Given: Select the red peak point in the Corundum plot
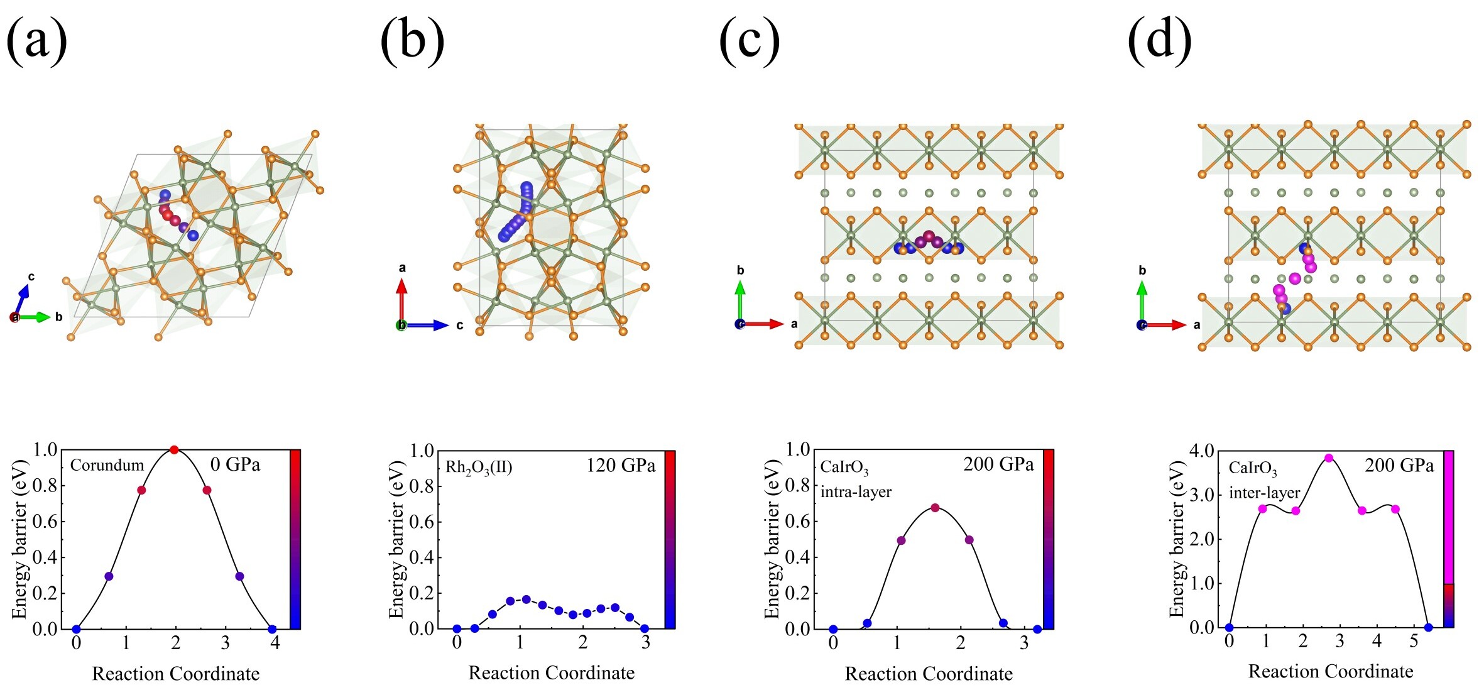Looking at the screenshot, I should point(174,449).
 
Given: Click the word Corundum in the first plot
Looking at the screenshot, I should point(107,466).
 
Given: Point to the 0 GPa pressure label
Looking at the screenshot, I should point(235,464).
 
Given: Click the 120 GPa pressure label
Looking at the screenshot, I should point(621,466).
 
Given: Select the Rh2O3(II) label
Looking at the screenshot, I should point(479,467).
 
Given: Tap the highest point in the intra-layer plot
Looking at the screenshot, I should point(935,508).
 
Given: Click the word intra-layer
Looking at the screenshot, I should point(856,491).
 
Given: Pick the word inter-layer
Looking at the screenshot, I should point(1264,493).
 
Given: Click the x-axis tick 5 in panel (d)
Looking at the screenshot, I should point(1414,642).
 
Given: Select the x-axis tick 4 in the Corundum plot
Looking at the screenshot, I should point(275,643).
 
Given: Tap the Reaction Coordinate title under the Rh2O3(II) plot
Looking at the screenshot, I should point(551,673).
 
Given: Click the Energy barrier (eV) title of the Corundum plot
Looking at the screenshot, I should point(20,539).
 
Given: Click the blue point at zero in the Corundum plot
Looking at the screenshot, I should point(77,629).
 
